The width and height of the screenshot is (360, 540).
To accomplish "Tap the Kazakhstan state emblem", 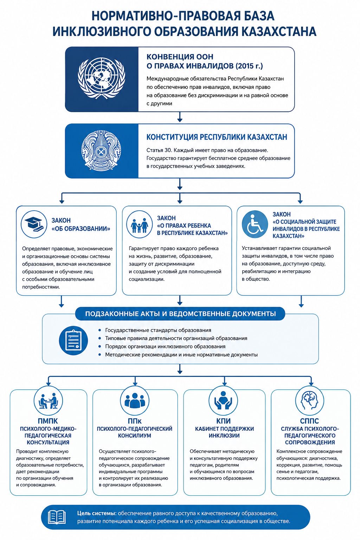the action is tap(101, 150).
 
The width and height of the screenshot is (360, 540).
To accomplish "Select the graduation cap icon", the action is tap(34, 224).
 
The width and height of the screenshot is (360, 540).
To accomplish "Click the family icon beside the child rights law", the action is tap(139, 224).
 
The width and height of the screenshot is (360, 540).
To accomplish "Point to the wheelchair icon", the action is tap(255, 224).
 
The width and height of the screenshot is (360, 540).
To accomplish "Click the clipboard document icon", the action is tap(73, 340).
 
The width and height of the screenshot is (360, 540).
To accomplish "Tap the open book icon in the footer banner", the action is tap(57, 517).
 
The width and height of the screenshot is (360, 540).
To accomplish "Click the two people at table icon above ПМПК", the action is tap(48, 401).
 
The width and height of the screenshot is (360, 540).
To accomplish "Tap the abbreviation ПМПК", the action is tap(48, 421).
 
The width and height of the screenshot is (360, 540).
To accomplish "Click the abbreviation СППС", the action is tap(310, 421).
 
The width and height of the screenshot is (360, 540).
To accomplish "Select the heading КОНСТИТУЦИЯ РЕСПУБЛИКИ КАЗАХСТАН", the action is tap(217, 137).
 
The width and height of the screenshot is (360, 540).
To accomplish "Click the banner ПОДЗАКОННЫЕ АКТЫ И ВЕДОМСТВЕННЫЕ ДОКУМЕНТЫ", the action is tap(180, 314).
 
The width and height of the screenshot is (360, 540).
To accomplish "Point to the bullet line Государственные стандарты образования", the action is tap(158, 330).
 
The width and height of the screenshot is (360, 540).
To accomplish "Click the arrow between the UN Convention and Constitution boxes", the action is tap(180, 117).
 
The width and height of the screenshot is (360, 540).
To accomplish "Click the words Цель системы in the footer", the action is tap(97, 513).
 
